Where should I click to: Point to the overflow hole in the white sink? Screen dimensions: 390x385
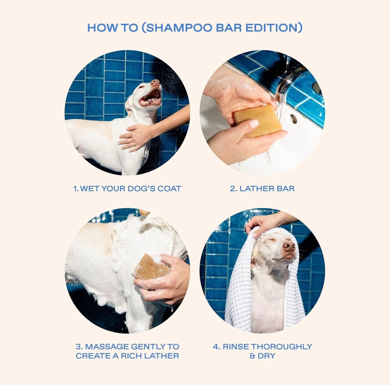pos(293,119)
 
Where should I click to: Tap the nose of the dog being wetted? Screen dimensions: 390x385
pos(156,82)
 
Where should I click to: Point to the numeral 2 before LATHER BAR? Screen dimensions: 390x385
pos(233,188)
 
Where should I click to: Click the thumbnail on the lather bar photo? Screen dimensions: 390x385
pos(254,123)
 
